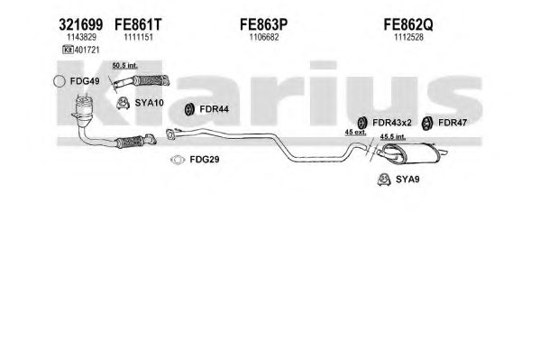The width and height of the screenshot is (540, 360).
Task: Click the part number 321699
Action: (80, 24)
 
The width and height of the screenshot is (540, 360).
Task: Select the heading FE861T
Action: (138, 24)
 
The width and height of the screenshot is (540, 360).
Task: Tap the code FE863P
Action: (263, 24)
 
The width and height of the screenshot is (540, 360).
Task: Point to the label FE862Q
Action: (408, 24)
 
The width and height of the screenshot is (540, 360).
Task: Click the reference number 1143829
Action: (81, 37)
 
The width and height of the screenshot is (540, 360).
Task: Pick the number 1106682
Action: (264, 37)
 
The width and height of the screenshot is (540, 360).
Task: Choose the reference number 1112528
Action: (408, 37)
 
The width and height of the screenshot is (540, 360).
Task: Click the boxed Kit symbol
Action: (68, 50)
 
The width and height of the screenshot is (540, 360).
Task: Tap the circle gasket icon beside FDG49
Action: (59, 81)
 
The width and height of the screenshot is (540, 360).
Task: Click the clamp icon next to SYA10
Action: (123, 103)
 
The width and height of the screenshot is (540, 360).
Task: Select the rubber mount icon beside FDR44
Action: (188, 109)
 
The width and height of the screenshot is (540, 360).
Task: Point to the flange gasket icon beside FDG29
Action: (178, 160)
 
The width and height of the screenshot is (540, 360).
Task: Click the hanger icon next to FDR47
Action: (426, 124)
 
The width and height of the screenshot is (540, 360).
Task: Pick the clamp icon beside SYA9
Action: (384, 180)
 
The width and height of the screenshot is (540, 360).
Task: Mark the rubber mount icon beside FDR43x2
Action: (362, 123)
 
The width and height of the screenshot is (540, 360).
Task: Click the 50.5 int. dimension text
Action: (124, 66)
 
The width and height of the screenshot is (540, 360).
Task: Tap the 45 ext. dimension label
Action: (355, 132)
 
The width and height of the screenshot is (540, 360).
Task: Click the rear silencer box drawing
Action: (410, 153)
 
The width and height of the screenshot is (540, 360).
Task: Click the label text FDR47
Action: (453, 123)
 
